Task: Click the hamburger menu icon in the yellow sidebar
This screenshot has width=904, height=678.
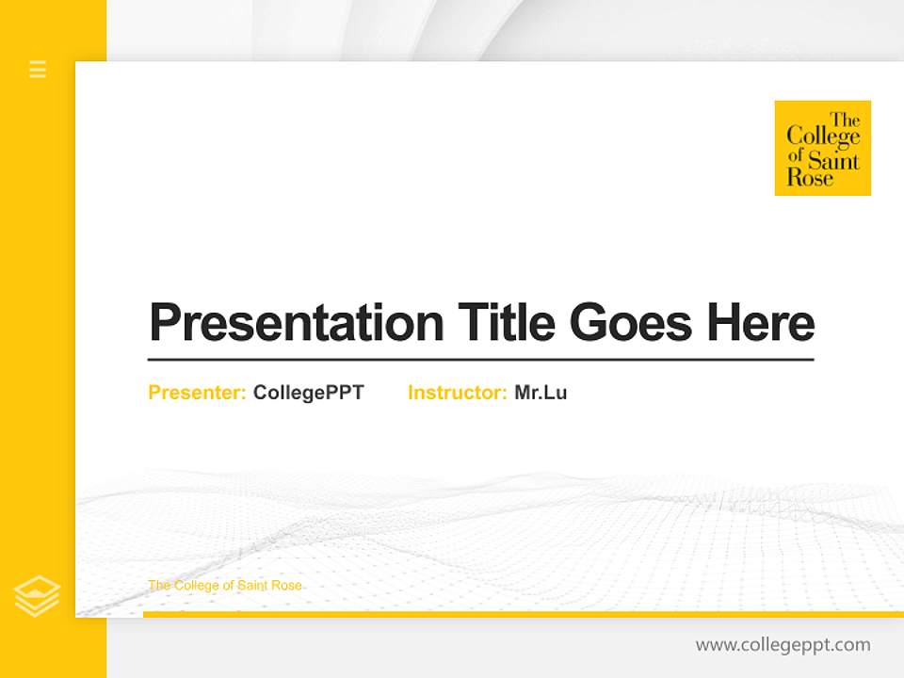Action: point(38,69)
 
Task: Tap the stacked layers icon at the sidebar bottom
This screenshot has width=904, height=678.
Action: point(37,596)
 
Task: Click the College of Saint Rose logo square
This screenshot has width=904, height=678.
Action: point(822,148)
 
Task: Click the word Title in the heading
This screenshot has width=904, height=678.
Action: point(506,322)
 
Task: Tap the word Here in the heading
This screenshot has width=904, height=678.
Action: point(761,322)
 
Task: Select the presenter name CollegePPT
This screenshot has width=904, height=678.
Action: point(308,393)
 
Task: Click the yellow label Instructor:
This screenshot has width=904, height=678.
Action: point(458,393)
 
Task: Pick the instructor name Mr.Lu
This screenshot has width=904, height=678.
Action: point(541,393)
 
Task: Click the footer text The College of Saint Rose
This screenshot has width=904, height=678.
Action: point(225,586)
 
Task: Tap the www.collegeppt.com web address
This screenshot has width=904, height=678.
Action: point(783,645)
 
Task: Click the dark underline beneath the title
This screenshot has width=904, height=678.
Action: point(480,360)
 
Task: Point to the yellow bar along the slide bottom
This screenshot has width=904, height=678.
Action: point(523,614)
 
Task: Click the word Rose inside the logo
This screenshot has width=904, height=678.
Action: point(810,178)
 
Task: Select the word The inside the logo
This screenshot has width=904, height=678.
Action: point(845,120)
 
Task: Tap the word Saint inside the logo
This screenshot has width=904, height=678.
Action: point(833,159)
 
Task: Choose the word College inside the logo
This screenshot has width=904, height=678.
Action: point(823,137)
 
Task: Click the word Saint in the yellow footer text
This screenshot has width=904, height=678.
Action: point(253,586)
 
